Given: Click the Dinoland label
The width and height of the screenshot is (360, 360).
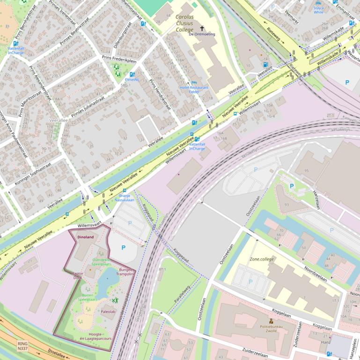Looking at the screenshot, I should click(x=85, y=237).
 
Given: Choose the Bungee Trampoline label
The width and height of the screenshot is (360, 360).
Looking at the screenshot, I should click(x=126, y=272).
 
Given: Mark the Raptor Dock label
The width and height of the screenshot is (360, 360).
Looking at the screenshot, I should click(x=77, y=275).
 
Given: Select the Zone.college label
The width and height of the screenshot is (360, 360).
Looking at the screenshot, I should click(x=263, y=259).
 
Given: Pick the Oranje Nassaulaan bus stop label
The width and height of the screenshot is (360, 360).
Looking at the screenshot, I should click(x=124, y=197).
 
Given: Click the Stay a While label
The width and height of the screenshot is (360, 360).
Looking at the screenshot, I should click(x=318, y=10).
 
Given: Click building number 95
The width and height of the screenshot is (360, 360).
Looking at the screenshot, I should click(x=307, y=171).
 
